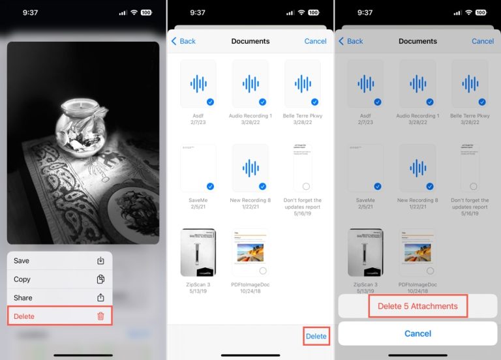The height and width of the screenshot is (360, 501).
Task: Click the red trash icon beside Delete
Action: (100, 316)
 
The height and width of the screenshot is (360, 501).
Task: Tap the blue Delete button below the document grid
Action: (316, 336)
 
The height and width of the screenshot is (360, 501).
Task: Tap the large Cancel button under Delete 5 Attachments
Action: (417, 333)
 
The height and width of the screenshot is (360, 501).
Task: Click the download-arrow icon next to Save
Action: (100, 261)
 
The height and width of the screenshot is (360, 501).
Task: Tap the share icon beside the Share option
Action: (100, 297)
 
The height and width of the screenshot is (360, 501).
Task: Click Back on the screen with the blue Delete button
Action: (183, 41)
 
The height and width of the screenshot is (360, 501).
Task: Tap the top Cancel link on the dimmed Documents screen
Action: (483, 41)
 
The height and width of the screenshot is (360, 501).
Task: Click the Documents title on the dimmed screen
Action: (417, 41)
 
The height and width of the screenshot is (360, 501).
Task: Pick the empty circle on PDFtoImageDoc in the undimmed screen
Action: (263, 271)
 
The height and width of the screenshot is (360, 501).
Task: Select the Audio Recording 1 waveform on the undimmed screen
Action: (250, 83)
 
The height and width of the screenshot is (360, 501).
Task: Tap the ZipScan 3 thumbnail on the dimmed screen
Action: (365, 252)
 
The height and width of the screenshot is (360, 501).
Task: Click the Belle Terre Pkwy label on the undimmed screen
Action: (303, 115)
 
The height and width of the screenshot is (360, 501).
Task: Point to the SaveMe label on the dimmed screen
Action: (365, 200)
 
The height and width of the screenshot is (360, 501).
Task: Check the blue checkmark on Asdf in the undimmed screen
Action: (211, 102)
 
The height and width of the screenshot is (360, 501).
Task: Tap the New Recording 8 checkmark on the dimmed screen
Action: (430, 186)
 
